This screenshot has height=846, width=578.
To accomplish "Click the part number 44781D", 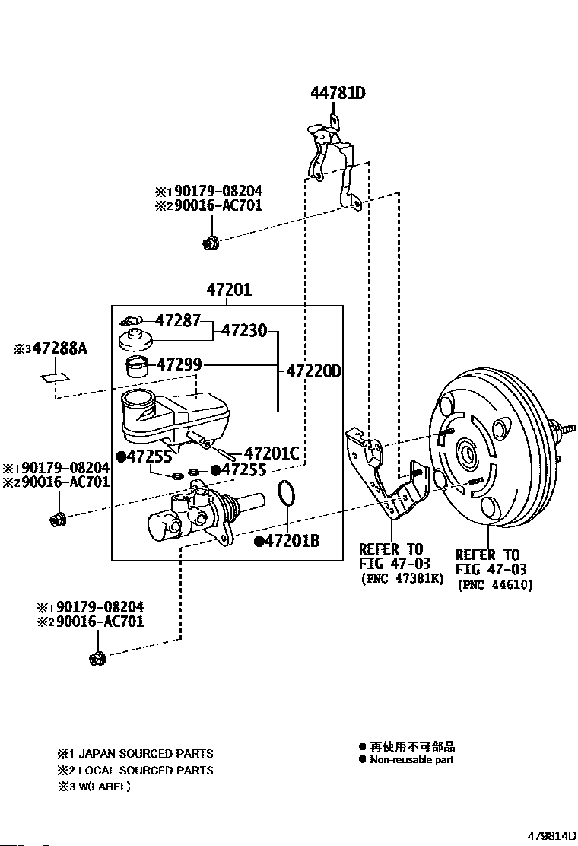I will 338,94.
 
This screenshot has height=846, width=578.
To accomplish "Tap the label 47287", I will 177,321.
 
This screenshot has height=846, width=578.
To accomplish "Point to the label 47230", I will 244,331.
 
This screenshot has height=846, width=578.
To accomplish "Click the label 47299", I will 179,364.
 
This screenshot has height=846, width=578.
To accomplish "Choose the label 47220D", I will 313,372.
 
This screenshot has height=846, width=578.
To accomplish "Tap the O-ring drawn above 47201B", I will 286,494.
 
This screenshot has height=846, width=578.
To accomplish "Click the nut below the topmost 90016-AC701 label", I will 209,243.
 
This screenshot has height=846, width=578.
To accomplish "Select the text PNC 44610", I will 495,585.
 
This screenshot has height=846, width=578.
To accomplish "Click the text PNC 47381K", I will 401,579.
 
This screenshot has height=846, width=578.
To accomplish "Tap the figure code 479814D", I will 545,835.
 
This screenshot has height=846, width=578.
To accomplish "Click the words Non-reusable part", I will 411,759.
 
